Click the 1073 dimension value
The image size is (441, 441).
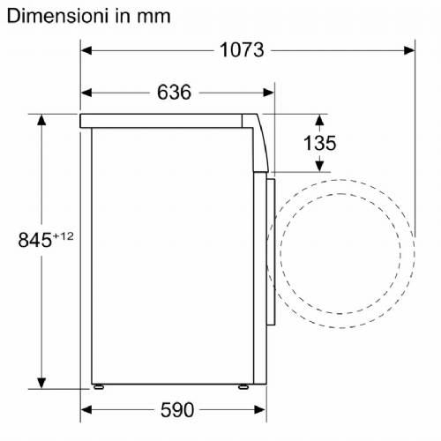(242, 50)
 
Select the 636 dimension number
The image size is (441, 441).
(174, 92)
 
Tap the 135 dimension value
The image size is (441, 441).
(319, 143)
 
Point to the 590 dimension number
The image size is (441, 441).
(177, 409)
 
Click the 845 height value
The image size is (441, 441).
(35, 240)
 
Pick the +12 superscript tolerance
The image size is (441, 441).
(63, 236)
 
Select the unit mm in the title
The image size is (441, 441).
(153, 18)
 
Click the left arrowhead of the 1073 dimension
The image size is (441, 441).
(86, 50)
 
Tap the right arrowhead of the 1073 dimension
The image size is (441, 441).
(409, 50)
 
